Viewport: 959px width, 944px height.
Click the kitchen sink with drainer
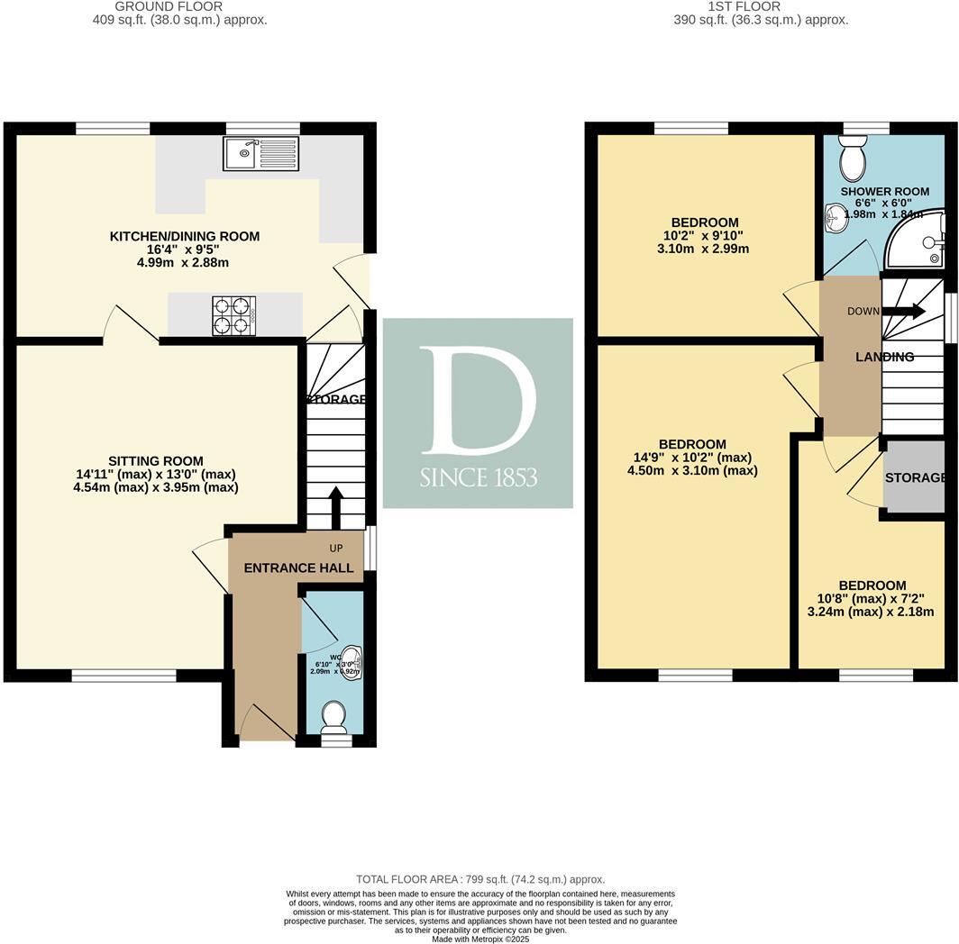(260, 154)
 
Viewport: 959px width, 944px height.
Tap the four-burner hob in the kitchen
(234, 316)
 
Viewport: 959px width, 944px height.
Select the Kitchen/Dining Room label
(185, 236)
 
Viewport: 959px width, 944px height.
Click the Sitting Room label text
(157, 461)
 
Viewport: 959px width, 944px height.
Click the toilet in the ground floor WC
(334, 716)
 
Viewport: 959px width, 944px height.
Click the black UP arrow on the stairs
(335, 506)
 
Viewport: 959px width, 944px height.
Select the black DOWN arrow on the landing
(903, 312)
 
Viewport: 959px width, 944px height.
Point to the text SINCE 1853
(479, 477)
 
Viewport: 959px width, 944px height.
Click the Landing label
(884, 357)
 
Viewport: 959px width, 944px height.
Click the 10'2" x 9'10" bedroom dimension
(705, 236)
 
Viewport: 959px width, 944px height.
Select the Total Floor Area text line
(480, 879)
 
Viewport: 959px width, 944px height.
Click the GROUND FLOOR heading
(180, 6)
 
